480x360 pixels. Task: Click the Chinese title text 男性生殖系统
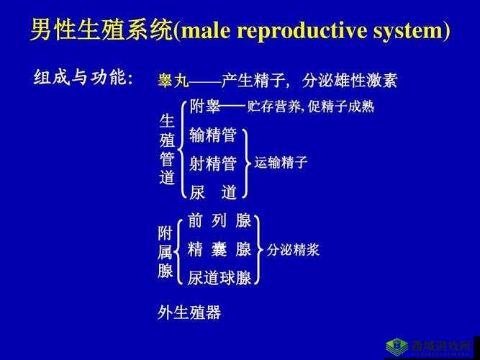click(101, 31)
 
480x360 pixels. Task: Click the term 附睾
click(205, 107)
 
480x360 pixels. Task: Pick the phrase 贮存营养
click(274, 107)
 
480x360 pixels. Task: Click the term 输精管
click(213, 135)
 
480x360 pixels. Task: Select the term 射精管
click(213, 163)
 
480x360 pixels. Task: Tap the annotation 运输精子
click(281, 163)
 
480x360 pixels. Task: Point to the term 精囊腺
click(219, 249)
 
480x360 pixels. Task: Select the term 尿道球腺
click(219, 278)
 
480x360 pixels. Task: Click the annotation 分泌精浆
click(293, 250)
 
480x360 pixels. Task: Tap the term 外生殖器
click(189, 312)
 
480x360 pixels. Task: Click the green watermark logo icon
click(397, 346)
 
